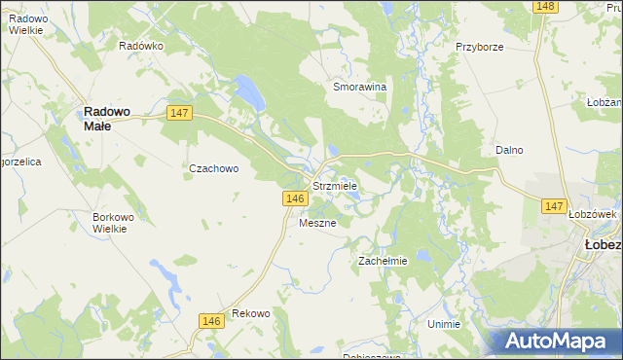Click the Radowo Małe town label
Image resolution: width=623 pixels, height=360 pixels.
click(x=110, y=118)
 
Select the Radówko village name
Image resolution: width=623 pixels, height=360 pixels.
click(x=140, y=46)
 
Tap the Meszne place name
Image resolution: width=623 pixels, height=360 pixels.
click(x=317, y=223)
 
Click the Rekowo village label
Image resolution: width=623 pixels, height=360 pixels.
click(x=250, y=314)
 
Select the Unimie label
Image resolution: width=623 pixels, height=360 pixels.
click(x=443, y=324)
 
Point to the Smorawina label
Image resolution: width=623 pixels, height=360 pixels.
click(x=360, y=87)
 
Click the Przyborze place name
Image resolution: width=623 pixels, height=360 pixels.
click(x=478, y=46)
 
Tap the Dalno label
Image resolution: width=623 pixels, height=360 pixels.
click(x=509, y=151)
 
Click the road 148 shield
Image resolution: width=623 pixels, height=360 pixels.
click(x=545, y=7)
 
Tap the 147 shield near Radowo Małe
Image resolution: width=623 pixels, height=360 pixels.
click(x=178, y=113)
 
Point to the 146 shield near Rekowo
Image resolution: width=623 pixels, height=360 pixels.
click(x=211, y=320)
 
